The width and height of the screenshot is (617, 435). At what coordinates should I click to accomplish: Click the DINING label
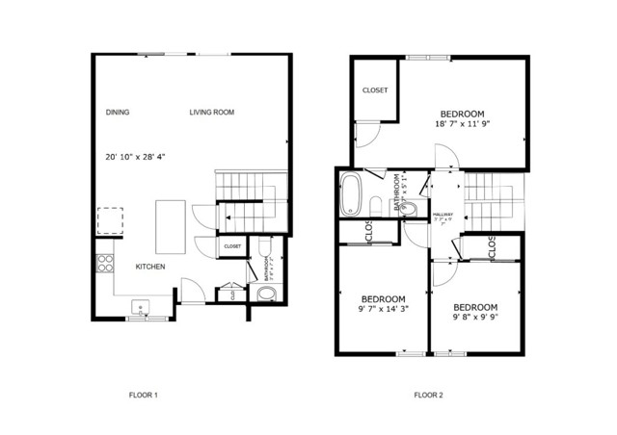coord(118,113)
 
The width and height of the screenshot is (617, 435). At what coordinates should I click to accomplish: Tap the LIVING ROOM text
coord(211,113)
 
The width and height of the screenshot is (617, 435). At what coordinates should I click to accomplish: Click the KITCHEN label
coord(149,267)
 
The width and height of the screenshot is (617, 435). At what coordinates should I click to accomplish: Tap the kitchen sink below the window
coord(141,309)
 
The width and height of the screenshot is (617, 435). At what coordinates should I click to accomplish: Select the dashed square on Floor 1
coord(109,222)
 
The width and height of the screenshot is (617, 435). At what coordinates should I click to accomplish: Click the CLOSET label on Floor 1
coord(232,246)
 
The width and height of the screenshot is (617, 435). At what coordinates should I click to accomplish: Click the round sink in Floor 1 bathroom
coord(266,294)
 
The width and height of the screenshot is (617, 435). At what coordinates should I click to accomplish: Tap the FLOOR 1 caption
coord(143,395)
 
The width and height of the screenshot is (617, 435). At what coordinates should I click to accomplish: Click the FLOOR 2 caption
coord(428,395)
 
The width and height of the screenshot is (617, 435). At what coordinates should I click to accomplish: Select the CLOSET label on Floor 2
coord(375,90)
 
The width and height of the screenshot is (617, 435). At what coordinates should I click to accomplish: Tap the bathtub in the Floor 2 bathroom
coord(351,195)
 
